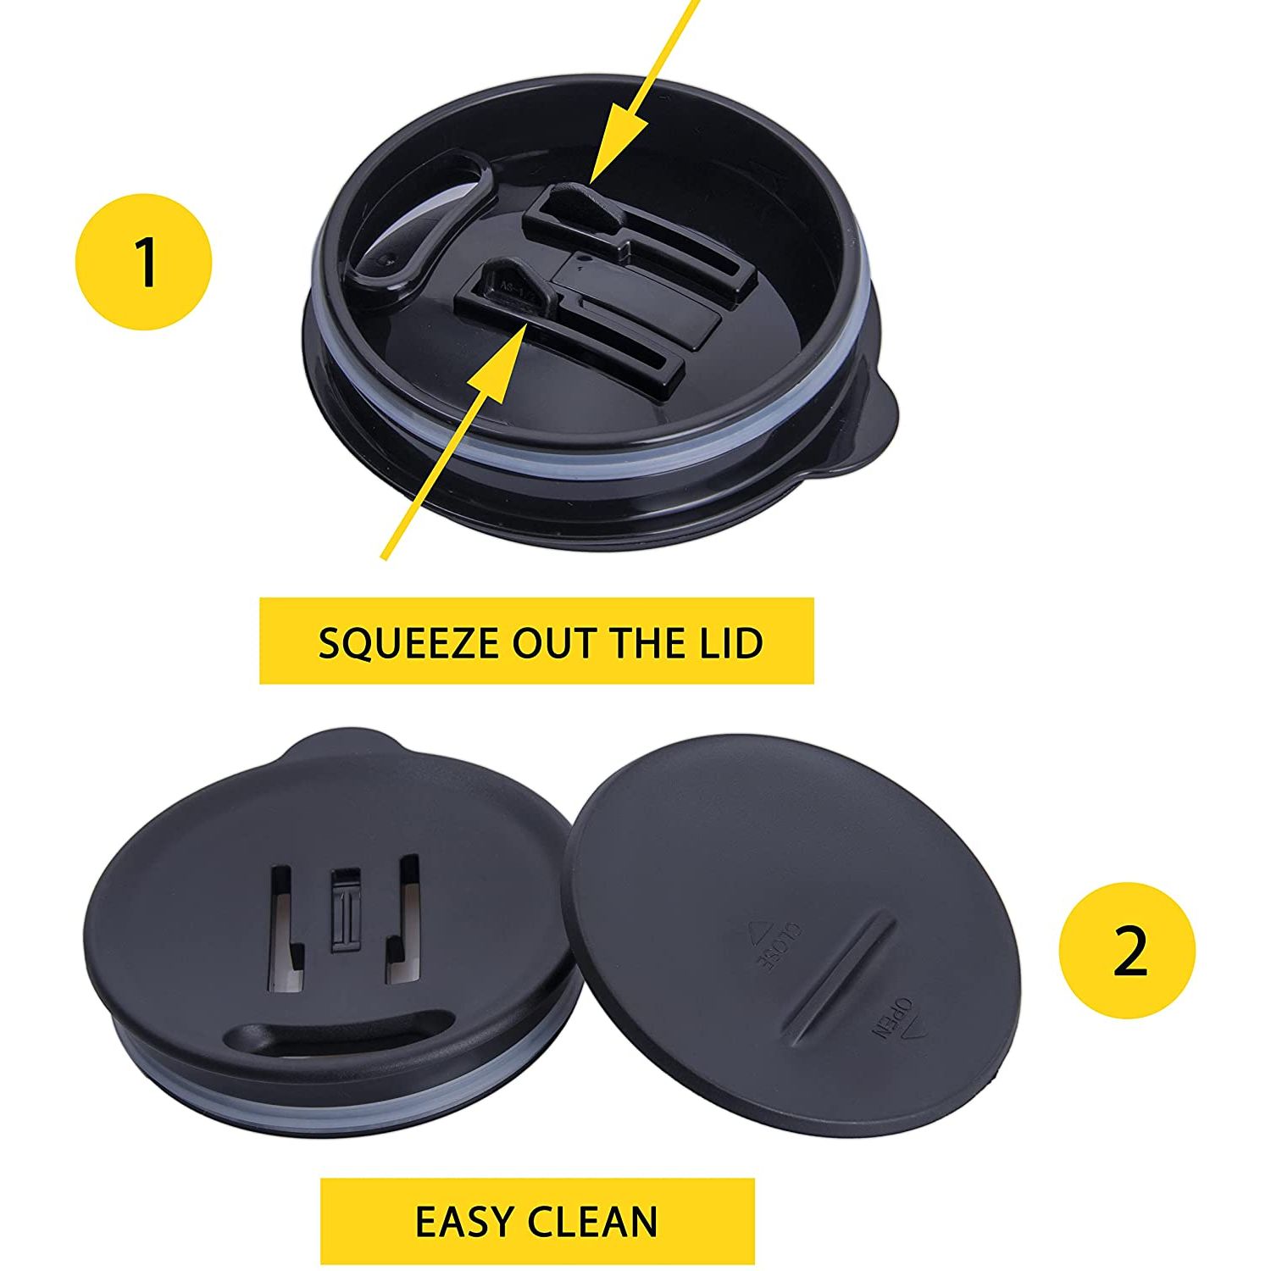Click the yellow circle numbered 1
144,261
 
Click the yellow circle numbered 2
1128,950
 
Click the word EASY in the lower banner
464,1221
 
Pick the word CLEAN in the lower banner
593,1221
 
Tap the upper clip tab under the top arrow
578,209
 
